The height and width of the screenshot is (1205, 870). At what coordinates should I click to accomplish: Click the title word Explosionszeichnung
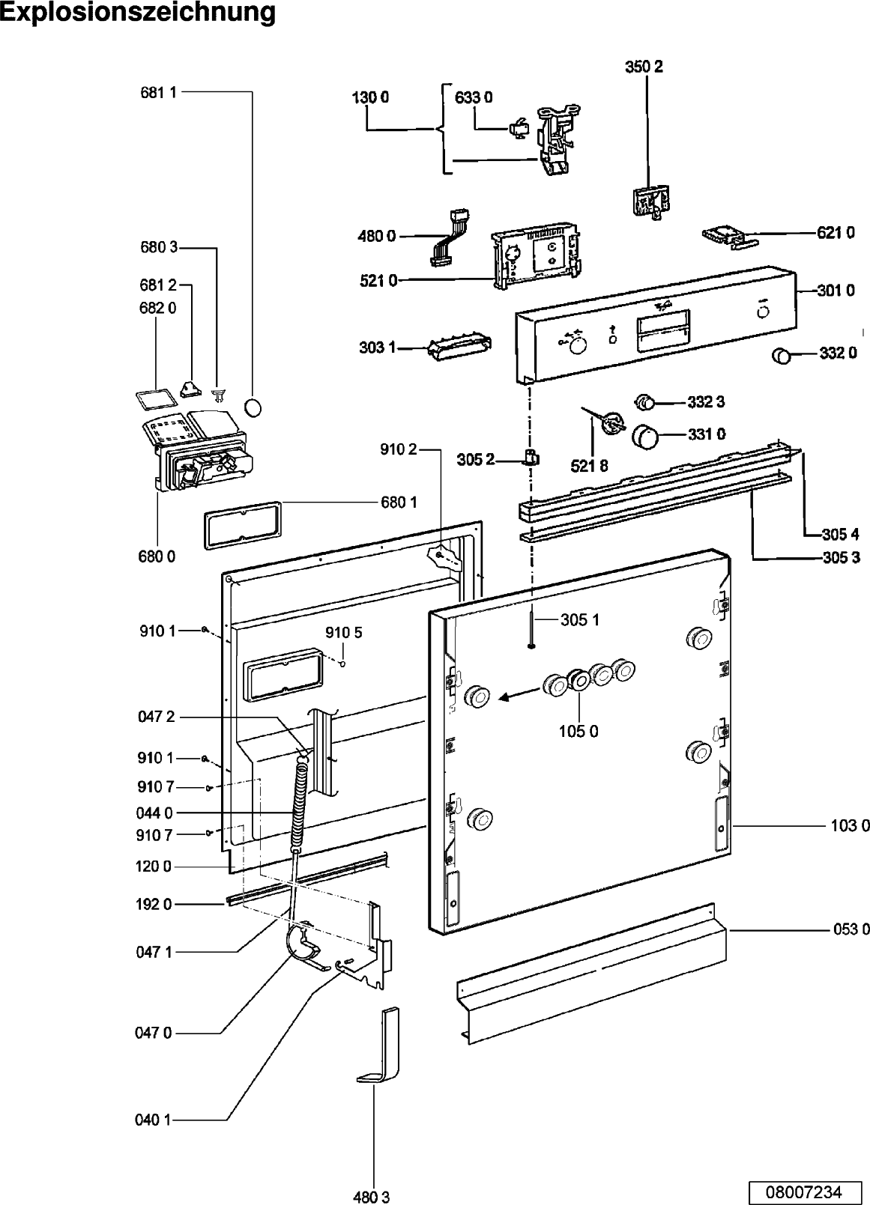139,13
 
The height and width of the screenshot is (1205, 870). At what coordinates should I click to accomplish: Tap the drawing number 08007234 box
803,1191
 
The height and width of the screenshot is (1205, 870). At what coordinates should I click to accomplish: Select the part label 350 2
644,67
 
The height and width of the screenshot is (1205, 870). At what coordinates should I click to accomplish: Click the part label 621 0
836,233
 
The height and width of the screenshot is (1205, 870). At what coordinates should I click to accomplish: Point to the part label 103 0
850,826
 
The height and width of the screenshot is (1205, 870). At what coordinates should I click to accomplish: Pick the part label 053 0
851,929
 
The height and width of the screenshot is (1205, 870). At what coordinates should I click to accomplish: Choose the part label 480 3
372,1197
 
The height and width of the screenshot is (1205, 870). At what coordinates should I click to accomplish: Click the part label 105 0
579,731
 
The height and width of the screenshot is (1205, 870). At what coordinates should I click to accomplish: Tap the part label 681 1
158,93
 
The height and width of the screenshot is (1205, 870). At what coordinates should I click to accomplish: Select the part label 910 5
344,633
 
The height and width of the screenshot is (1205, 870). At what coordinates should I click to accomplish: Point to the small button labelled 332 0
782,356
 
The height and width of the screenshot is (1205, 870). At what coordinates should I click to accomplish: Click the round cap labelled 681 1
254,408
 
